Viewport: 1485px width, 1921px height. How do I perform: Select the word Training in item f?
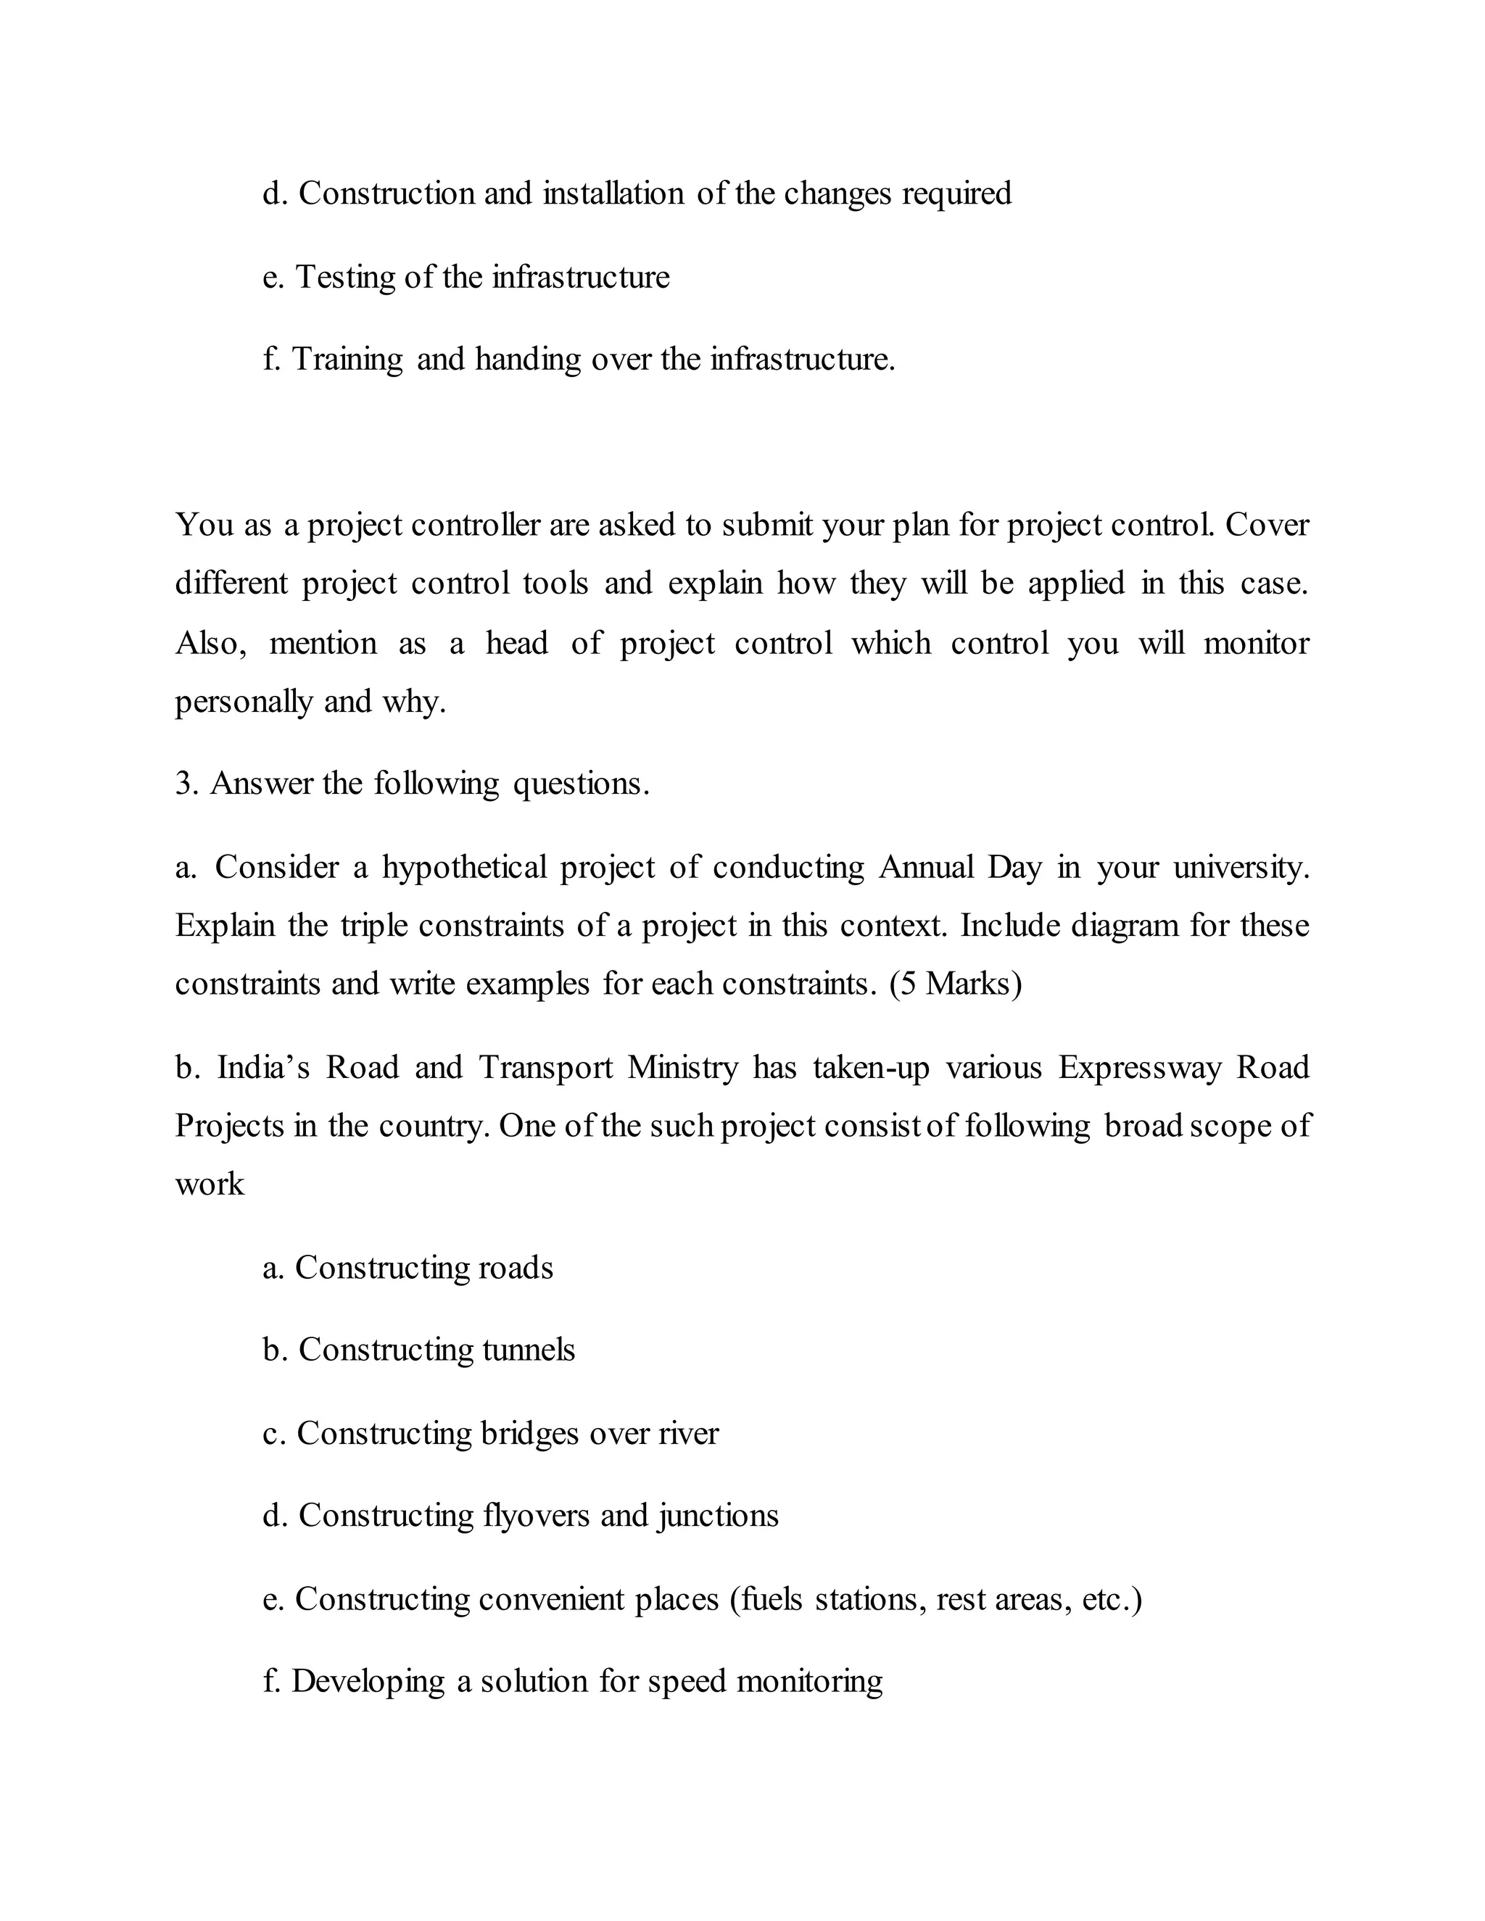pos(347,360)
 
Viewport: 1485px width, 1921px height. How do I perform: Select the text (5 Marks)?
pos(956,984)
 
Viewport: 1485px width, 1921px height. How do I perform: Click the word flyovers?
pos(537,1516)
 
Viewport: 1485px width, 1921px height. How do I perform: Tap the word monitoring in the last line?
pos(809,1682)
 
